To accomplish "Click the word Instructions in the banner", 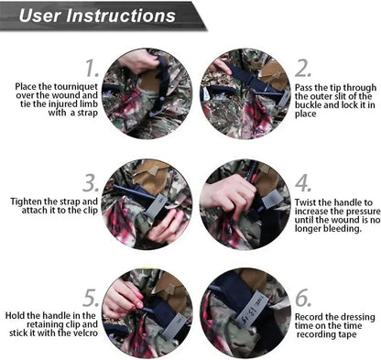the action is tap(121, 16).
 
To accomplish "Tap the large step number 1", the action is tap(92, 68).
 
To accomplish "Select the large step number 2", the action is tap(303, 69).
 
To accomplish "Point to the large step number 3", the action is tap(91, 183).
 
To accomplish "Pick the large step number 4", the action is tap(303, 183).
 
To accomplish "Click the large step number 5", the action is tap(91, 298).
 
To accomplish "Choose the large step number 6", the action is tap(303, 298).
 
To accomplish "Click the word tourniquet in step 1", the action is tap(76, 87).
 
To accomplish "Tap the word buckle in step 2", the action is tap(308, 105).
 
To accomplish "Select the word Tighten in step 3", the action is tap(26, 202).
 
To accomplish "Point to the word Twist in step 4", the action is tap(304, 202).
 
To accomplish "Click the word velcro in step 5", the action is tap(85, 333).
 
